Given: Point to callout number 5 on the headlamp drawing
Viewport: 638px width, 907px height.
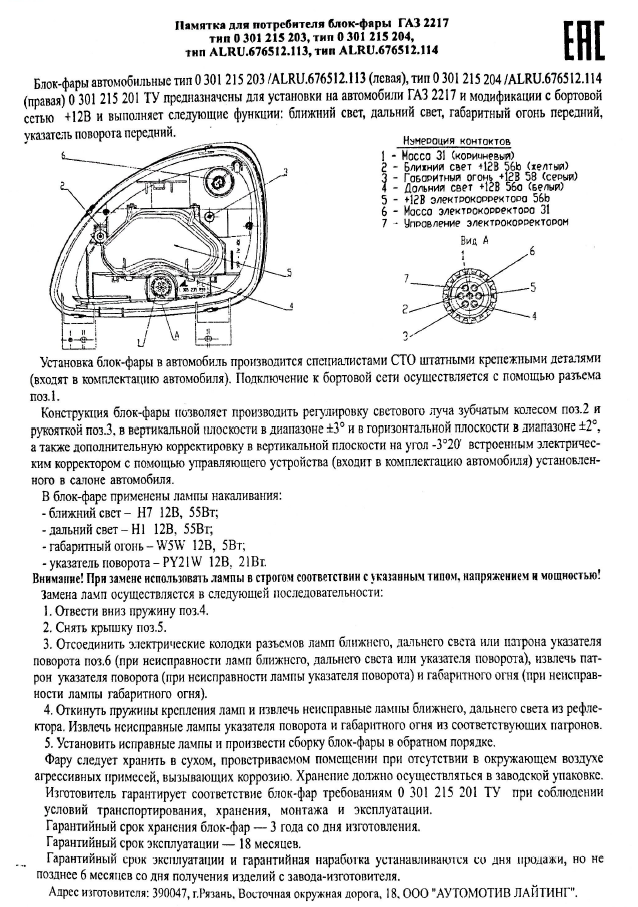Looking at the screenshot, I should point(287,271).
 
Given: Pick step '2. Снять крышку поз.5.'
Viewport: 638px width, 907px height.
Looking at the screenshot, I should point(104,626).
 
